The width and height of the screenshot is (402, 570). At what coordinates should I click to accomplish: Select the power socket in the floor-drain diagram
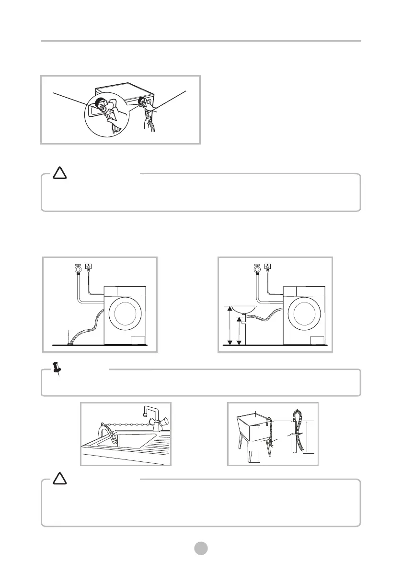(89, 267)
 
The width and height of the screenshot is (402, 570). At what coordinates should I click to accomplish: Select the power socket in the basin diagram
(268, 267)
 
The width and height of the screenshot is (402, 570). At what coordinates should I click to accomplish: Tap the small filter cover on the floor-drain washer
(138, 340)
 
